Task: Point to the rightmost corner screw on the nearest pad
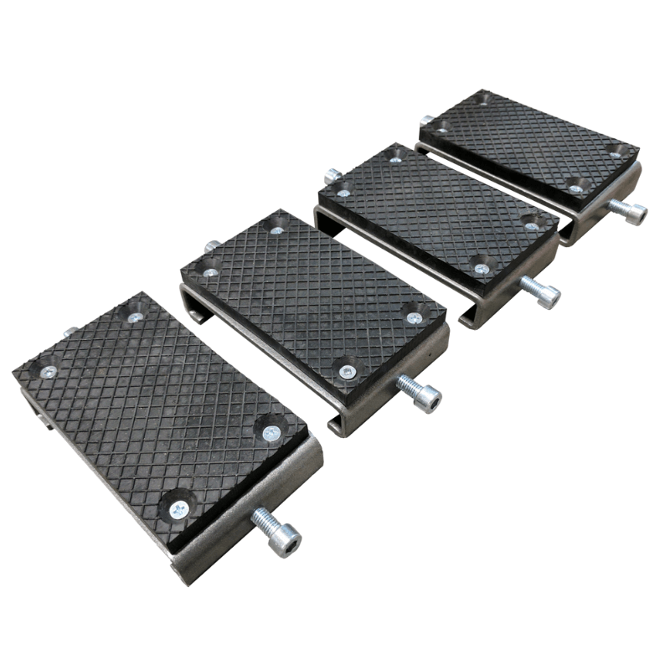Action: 270,432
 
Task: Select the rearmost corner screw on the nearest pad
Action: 134,317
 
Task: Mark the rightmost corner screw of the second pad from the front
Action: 414,318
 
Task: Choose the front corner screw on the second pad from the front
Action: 348,371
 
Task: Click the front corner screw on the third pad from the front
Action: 481,269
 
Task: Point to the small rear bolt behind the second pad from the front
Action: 212,247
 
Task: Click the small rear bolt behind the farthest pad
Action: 427,120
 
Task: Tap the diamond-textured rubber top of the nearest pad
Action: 159,402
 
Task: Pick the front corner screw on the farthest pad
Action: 576,188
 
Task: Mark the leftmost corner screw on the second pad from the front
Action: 209,272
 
